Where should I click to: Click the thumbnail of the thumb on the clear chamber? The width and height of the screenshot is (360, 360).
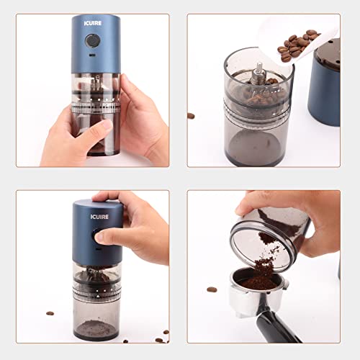pos(105,125)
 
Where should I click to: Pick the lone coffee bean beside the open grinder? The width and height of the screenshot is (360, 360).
pos(192,115)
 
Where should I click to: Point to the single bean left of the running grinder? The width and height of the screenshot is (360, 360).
pos(50,313)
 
